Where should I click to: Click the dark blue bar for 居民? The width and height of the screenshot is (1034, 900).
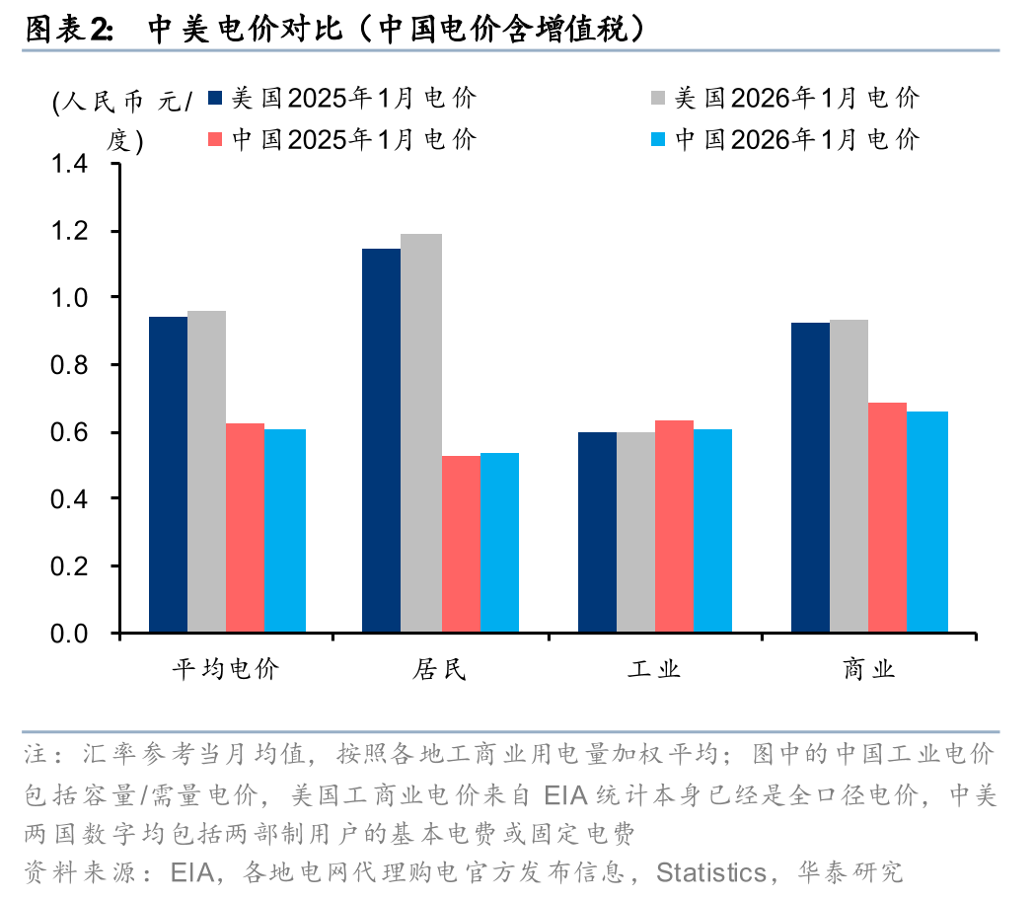tap(381, 440)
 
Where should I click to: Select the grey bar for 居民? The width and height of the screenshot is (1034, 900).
tap(421, 433)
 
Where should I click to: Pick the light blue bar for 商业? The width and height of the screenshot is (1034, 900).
tap(927, 522)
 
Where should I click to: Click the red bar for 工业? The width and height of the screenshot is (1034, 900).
tap(674, 526)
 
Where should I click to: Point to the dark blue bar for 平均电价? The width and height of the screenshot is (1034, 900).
tap(168, 475)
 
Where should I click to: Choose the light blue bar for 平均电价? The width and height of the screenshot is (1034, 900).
tap(284, 531)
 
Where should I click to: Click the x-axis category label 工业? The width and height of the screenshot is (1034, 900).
tap(654, 670)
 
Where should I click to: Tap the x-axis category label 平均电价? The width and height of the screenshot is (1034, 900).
tap(226, 670)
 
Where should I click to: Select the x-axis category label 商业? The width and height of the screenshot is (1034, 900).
tap(869, 670)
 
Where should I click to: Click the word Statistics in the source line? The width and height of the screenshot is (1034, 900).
tap(711, 872)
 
